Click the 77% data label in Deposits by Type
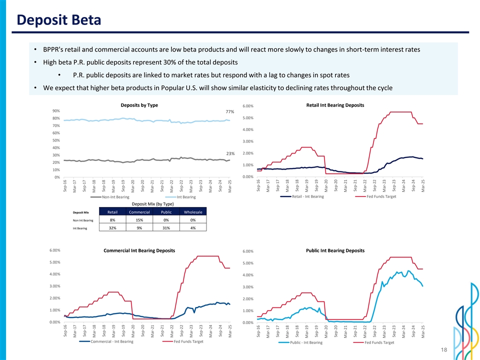230,112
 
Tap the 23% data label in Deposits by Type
230,153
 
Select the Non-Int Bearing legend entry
115,197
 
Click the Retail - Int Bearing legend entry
307,196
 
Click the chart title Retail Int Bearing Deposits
334,105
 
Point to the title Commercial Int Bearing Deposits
139,250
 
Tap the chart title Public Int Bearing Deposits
335,250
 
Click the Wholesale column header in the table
193,212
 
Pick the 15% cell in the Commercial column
139,219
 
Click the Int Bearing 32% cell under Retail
112,228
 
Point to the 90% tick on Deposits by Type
56,111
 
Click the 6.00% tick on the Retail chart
248,106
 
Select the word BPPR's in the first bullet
54,50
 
